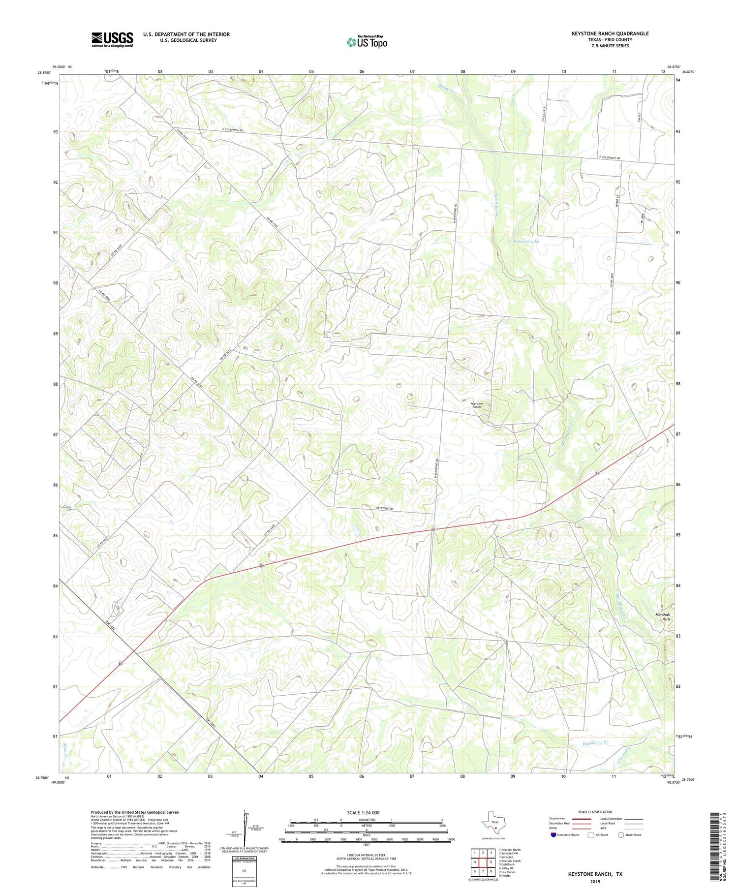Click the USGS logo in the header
112,39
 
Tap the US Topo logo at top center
367,42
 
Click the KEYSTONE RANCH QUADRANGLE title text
610,33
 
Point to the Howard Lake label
526,242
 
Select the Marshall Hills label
663,617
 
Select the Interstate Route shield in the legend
553,835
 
